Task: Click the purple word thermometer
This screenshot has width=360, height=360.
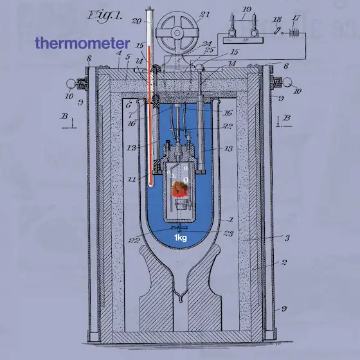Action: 82,43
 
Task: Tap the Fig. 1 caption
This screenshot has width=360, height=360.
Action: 104,16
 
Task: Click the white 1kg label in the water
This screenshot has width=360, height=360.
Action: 181,238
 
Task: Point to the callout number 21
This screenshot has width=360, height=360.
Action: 205,14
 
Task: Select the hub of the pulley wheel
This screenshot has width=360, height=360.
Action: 177,33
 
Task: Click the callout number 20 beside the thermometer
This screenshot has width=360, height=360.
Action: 136,21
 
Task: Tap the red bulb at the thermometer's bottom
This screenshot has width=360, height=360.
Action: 150,184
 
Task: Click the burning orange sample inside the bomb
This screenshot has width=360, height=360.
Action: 180,189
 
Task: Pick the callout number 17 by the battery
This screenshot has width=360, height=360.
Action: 296,18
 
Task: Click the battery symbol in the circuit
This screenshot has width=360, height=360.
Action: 294,33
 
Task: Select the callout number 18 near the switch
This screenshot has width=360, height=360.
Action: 277,20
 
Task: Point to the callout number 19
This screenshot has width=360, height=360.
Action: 247,10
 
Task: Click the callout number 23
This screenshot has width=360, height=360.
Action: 228,233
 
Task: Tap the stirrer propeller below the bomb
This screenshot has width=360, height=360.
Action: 179,228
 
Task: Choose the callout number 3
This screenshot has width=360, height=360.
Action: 287,238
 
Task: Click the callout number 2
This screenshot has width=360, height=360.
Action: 284,262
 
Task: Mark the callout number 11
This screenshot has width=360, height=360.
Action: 132,179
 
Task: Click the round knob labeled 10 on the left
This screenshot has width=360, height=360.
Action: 71,84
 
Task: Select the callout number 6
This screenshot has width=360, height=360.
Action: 129,105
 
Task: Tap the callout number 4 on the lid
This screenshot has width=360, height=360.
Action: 119,53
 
